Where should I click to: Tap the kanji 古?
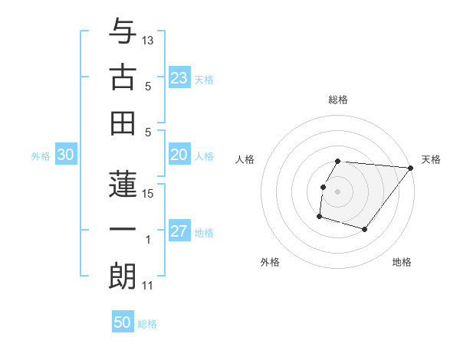click(x=123, y=78)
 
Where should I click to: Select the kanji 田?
click(x=123, y=124)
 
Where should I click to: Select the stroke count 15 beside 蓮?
click(x=148, y=193)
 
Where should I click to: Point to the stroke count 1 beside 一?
click(x=148, y=240)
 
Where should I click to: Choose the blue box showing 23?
click(x=179, y=78)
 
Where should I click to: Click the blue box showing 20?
click(x=179, y=155)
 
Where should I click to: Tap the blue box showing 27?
click(x=179, y=232)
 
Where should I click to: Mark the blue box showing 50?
click(x=123, y=322)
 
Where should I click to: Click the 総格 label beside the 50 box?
click(x=147, y=324)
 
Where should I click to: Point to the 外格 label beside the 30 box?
click(x=41, y=156)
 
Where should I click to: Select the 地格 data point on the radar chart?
click(x=365, y=229)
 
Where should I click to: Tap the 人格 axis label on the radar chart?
click(x=246, y=159)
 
